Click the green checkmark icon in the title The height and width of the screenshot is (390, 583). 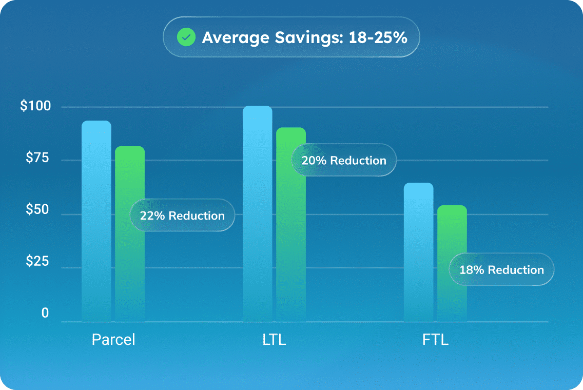[x=186, y=37]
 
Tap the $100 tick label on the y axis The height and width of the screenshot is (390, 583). [x=35, y=107]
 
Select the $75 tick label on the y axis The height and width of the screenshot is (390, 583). [x=37, y=158]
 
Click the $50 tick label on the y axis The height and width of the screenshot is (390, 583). [x=37, y=213]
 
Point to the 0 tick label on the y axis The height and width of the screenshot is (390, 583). [x=45, y=314]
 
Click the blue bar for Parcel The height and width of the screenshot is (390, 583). [x=96, y=221]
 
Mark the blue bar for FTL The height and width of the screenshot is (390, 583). [x=418, y=251]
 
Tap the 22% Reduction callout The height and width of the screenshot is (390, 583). [x=182, y=216]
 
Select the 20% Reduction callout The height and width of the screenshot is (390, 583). [x=344, y=161]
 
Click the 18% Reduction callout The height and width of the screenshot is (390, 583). [x=501, y=270]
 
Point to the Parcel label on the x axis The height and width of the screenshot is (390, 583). [x=113, y=340]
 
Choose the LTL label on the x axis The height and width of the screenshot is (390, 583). [x=274, y=340]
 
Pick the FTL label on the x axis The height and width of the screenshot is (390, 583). [x=435, y=340]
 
